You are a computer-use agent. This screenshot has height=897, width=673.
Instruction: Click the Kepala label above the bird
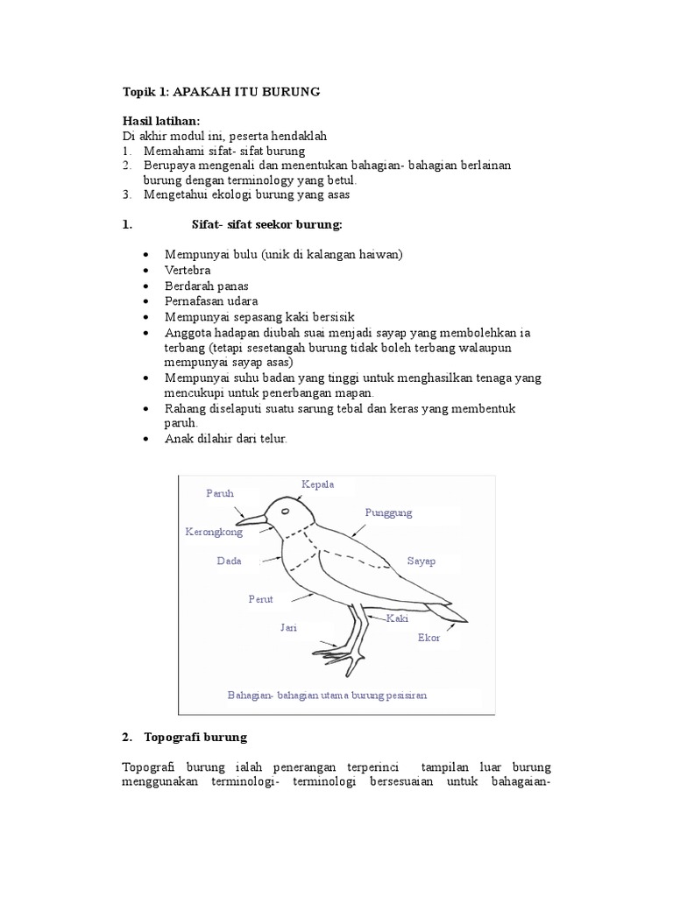click(x=318, y=484)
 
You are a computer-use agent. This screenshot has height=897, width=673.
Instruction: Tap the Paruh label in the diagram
click(x=220, y=494)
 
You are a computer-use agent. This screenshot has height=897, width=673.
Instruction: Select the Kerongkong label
click(x=213, y=532)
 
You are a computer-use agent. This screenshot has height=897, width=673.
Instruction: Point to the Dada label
click(x=229, y=561)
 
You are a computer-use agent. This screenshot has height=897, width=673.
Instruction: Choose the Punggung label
click(x=388, y=512)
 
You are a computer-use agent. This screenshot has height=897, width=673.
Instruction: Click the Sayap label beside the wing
click(x=422, y=561)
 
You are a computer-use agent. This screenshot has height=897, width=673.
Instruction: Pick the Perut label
click(x=261, y=599)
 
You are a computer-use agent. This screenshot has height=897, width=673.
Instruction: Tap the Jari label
click(x=288, y=627)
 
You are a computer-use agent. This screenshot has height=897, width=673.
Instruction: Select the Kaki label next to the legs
click(x=398, y=618)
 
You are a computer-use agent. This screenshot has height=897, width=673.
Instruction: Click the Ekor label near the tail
click(x=429, y=638)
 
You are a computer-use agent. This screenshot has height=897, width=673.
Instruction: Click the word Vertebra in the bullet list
click(x=188, y=271)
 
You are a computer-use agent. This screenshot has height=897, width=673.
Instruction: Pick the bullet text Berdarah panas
click(x=206, y=286)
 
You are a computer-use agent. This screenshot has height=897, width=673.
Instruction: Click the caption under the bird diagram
click(x=327, y=695)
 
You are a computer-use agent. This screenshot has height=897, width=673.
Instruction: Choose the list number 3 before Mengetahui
click(x=126, y=194)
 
